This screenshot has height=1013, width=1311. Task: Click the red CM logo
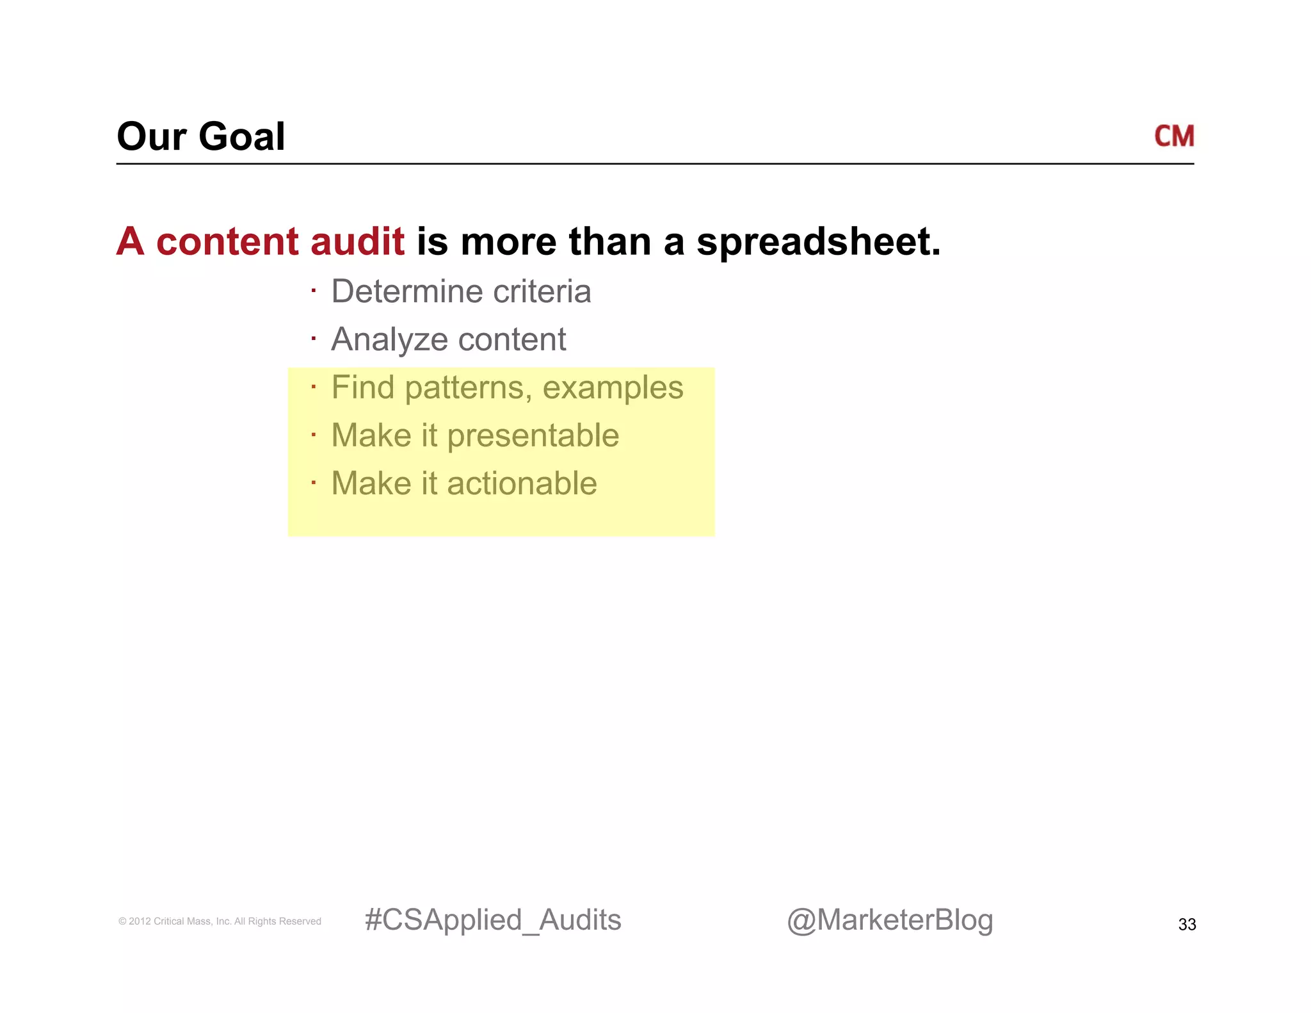[1173, 136]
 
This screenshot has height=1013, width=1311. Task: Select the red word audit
[357, 242]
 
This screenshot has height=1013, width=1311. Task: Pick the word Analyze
[389, 340]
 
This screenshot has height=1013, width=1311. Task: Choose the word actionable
[522, 483]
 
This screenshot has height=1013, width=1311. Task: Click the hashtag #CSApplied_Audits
[492, 921]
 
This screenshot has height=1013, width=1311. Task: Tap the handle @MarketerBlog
[890, 921]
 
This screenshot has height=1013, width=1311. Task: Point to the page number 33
[1187, 925]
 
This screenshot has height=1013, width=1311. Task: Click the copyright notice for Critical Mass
[220, 921]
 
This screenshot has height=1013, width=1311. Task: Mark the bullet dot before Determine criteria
[314, 291]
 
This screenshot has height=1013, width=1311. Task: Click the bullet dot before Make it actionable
[314, 482]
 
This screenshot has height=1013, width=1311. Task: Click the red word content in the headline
[227, 242]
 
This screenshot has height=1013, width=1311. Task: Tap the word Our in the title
[152, 137]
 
